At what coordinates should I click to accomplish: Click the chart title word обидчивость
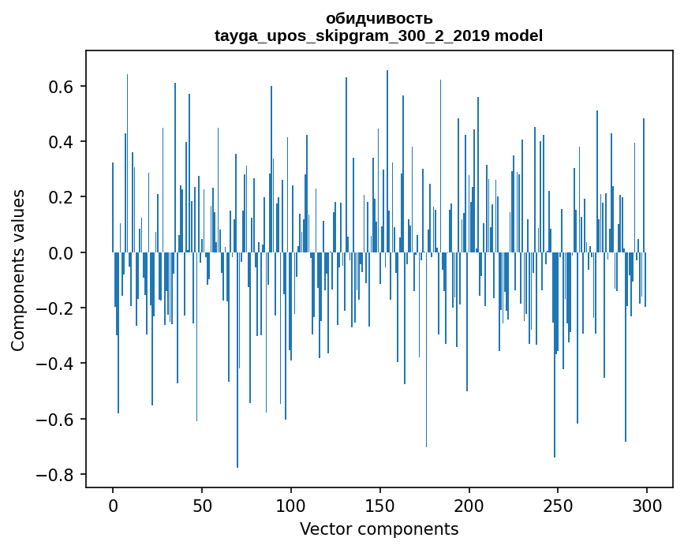coord(379,19)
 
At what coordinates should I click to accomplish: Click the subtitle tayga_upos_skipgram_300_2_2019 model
coord(379,35)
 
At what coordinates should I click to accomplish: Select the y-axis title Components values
coord(18,270)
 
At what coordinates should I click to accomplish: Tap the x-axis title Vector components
coord(379,528)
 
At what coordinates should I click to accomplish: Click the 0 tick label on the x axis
coord(113,505)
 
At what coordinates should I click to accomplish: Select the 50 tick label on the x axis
coord(202,505)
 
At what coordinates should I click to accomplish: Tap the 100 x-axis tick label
coord(291,505)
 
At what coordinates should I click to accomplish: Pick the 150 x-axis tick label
coord(379,505)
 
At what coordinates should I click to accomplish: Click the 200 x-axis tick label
coord(469,505)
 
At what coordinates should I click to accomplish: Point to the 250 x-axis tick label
coord(558,505)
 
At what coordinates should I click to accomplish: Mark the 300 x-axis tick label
coord(647,505)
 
